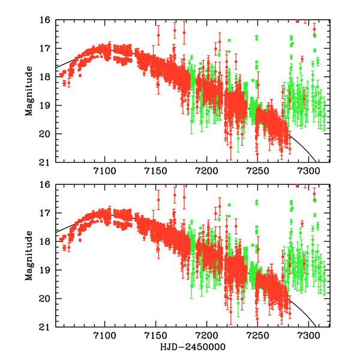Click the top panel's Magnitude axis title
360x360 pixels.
click(29, 92)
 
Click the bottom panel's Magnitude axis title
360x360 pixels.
click(29, 256)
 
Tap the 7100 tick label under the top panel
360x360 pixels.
click(105, 173)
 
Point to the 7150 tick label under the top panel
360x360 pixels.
click(156, 173)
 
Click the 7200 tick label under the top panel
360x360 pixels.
click(207, 173)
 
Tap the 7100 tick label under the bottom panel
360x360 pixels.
click(105, 337)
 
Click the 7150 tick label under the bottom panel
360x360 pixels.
click(156, 337)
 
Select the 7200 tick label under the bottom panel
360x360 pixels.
click(207, 337)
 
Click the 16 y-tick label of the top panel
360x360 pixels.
click(46, 20)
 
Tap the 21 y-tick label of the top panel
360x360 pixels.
click(46, 163)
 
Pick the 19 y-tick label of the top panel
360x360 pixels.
click(46, 106)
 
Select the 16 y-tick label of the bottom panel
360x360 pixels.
click(46, 185)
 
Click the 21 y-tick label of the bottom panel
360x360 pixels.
click(46, 328)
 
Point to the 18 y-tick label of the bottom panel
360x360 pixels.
click(46, 242)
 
